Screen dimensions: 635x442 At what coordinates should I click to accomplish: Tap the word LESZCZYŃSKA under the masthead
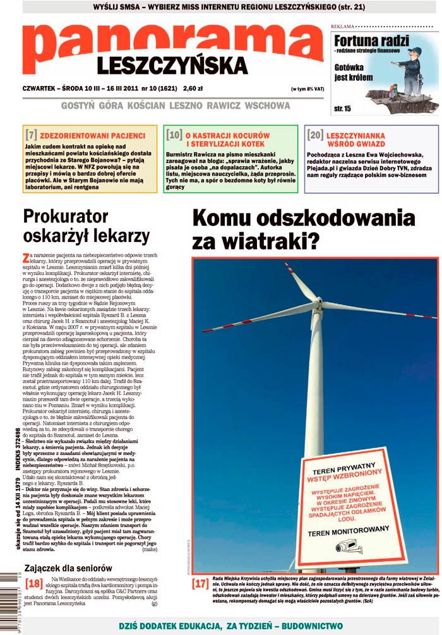172,66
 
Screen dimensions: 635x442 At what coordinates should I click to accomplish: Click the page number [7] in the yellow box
30,135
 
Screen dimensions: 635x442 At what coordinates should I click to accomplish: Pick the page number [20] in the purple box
315,135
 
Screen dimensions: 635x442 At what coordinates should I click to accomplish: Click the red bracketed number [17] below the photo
200,583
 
